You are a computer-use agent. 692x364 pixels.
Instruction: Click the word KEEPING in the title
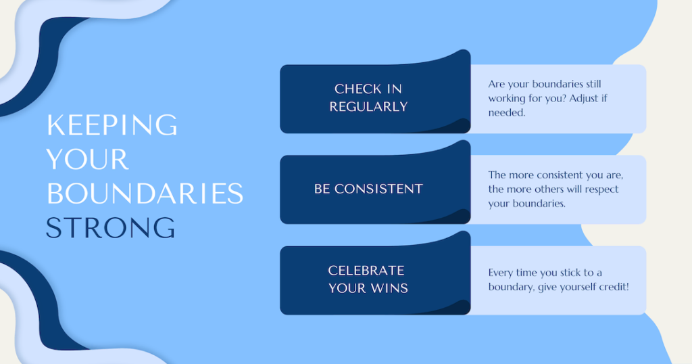(x=112, y=125)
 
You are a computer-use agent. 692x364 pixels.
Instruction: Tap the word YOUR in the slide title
(x=87, y=159)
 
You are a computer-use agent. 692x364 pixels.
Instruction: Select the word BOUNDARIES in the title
(x=145, y=194)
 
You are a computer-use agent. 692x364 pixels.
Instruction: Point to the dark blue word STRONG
(x=111, y=228)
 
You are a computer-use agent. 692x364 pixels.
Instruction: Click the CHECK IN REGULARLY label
(x=368, y=97)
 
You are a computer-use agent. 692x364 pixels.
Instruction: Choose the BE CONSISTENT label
(x=368, y=189)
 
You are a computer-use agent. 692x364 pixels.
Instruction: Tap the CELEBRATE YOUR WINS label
(x=368, y=279)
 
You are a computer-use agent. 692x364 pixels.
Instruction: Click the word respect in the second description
(x=602, y=189)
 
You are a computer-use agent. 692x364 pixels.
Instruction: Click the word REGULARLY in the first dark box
(x=368, y=106)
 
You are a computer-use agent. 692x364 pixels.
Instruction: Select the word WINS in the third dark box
(x=389, y=288)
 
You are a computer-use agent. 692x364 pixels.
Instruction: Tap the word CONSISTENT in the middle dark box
(x=378, y=189)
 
